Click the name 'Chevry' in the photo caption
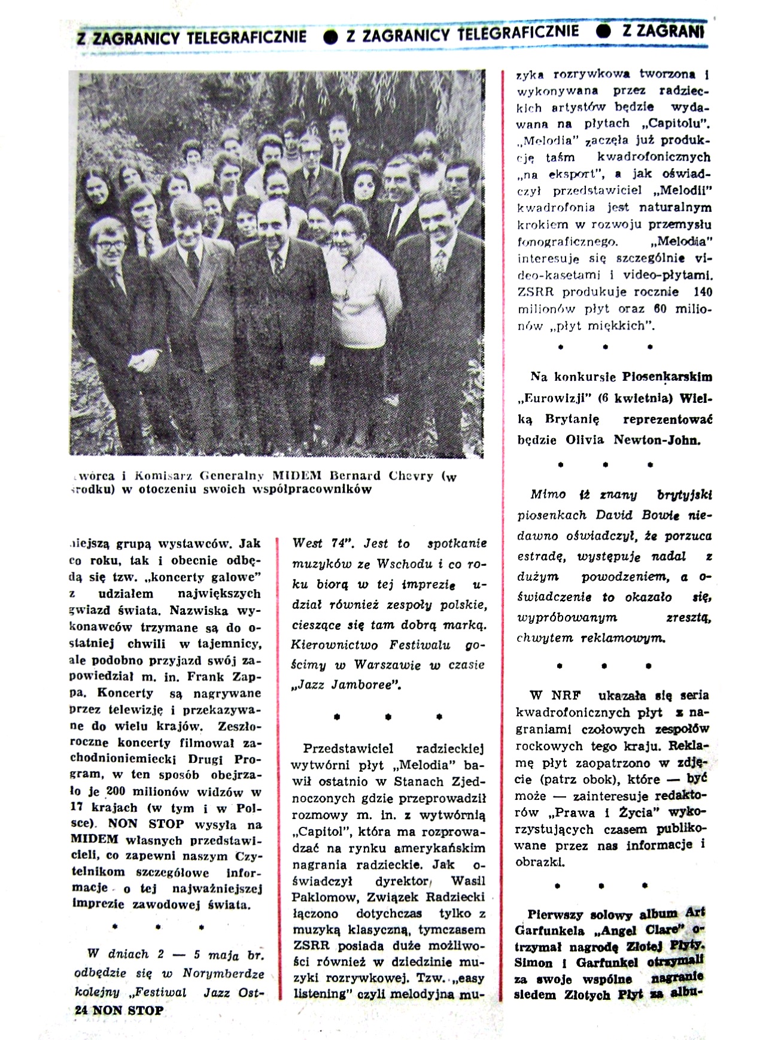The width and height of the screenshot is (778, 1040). (x=412, y=476)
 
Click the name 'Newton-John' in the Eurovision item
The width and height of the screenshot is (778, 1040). (x=657, y=440)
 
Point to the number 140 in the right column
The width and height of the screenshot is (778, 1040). (x=701, y=292)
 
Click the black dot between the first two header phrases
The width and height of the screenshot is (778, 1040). (x=330, y=37)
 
